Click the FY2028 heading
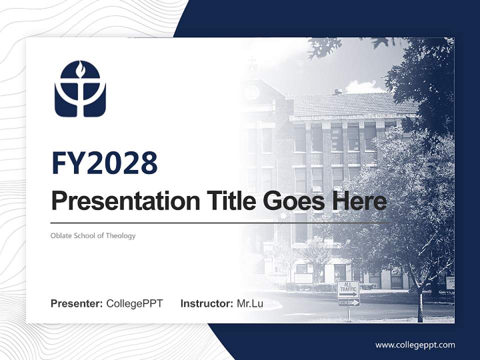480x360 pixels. click(x=104, y=163)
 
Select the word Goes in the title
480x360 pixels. click(x=292, y=201)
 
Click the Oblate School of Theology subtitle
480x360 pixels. click(x=93, y=235)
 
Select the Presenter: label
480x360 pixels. click(x=77, y=303)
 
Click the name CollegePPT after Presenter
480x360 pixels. click(x=134, y=303)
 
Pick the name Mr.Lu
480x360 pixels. click(x=250, y=303)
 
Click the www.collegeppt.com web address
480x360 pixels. click(x=415, y=344)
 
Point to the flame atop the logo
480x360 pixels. click(x=80, y=67)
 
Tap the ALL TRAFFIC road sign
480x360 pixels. click(x=348, y=289)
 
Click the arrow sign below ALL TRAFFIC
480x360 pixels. click(x=348, y=302)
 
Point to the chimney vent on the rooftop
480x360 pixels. click(x=338, y=91)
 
